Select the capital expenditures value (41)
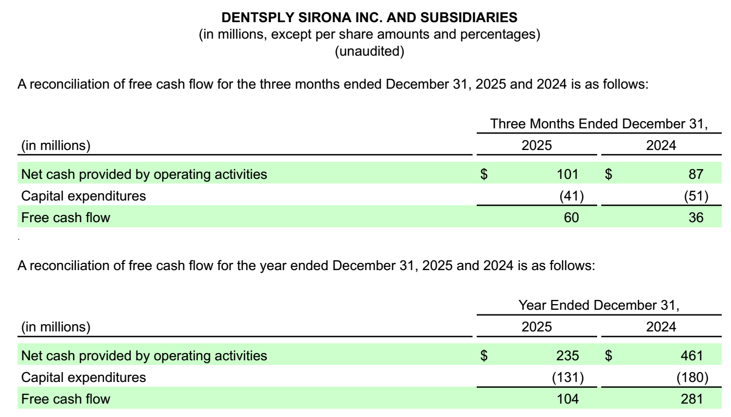571,196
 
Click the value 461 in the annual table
693,355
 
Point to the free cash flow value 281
693,398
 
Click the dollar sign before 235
483,355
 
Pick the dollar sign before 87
609,174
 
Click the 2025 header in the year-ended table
536,327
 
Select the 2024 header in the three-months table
662,145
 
